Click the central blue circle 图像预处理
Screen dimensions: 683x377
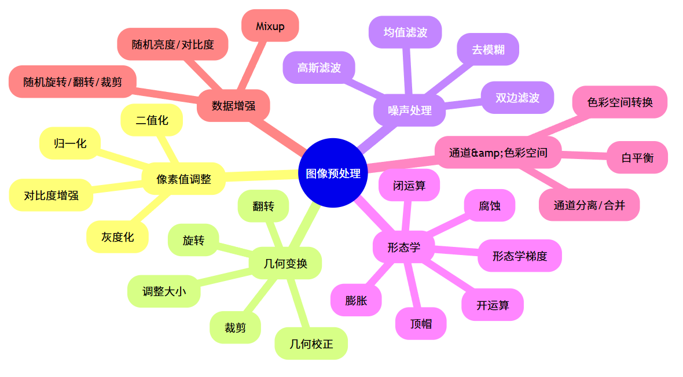[333, 173]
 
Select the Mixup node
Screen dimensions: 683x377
[270, 26]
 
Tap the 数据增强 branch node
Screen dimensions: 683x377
[233, 106]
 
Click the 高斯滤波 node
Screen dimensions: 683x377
[319, 68]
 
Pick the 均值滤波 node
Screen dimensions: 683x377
[405, 32]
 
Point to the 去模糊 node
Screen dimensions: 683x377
[488, 50]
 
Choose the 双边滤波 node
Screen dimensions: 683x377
[517, 98]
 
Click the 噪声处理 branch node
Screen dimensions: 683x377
[410, 110]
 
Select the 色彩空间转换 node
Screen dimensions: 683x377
[620, 102]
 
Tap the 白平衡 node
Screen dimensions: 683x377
[637, 157]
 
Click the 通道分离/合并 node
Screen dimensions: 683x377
[589, 205]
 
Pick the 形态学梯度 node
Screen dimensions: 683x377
[520, 256]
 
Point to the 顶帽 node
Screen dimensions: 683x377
[421, 324]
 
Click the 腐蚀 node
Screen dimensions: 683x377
[490, 205]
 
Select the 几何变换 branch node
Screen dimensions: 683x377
[285, 264]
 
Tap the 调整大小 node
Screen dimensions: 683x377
[164, 291]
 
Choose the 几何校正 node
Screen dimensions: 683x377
[311, 344]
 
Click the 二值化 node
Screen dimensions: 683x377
[152, 120]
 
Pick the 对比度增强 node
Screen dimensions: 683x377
[51, 195]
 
